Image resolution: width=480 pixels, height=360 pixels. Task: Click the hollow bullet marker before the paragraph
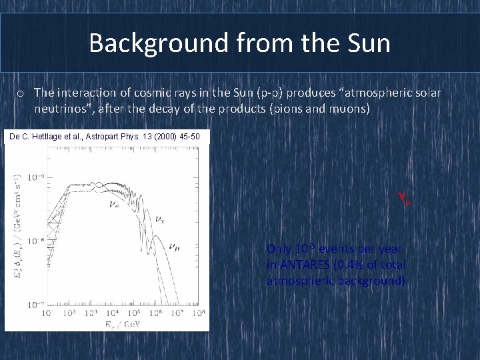pos(23,93)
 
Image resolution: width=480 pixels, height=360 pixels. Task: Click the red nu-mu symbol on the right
pos(404,198)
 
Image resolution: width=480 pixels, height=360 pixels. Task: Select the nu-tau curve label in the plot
pos(159,218)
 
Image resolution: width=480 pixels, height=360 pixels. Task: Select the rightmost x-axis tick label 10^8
pos(199,313)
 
